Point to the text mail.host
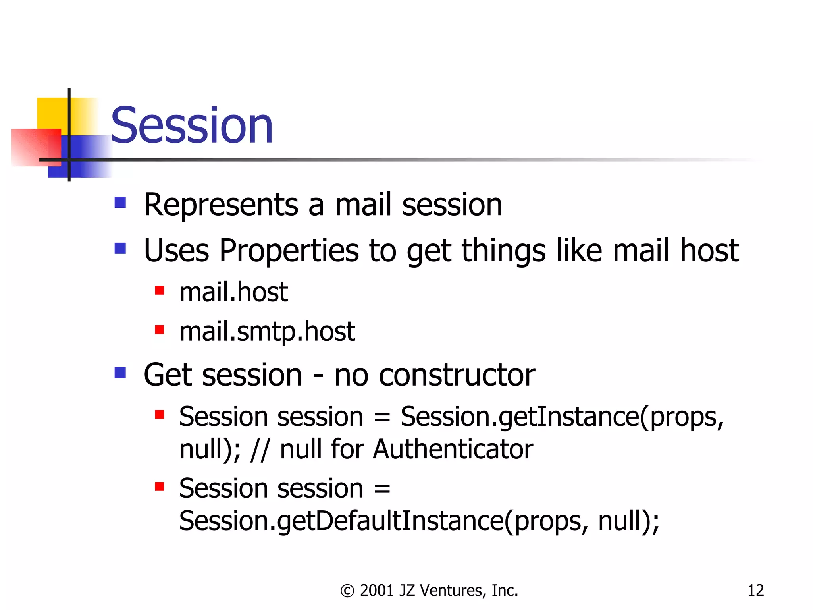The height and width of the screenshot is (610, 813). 233,292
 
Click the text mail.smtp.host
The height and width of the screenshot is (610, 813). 267,332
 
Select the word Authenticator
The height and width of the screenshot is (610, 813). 453,450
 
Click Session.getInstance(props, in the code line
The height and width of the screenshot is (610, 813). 562,417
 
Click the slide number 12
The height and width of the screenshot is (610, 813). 755,591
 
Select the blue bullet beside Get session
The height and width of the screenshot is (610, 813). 120,373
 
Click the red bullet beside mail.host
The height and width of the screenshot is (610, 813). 160,290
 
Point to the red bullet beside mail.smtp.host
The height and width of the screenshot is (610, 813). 160,330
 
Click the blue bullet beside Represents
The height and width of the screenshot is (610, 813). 120,203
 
